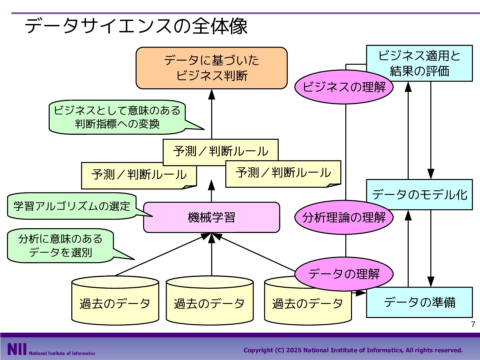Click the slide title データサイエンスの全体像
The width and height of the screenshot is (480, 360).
[x=136, y=26]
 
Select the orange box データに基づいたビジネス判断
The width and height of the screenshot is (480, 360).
[x=211, y=68]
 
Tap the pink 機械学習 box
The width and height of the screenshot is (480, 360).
[x=211, y=217]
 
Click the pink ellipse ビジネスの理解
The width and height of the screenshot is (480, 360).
[x=344, y=87]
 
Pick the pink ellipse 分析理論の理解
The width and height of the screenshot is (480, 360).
[x=344, y=217]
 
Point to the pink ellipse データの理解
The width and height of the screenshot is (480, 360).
[x=344, y=274]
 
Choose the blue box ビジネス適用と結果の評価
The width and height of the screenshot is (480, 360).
[x=419, y=63]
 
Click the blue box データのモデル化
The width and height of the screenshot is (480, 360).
[x=419, y=195]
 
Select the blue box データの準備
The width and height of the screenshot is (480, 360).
[x=419, y=302]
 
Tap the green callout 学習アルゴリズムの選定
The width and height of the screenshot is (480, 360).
[x=72, y=206]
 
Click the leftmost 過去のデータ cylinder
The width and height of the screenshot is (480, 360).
[x=115, y=301]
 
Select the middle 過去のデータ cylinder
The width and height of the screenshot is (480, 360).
[x=210, y=301]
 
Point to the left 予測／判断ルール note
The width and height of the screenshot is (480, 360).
[x=139, y=176]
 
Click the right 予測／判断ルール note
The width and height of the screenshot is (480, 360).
[x=283, y=174]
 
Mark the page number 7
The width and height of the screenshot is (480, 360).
[x=473, y=324]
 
